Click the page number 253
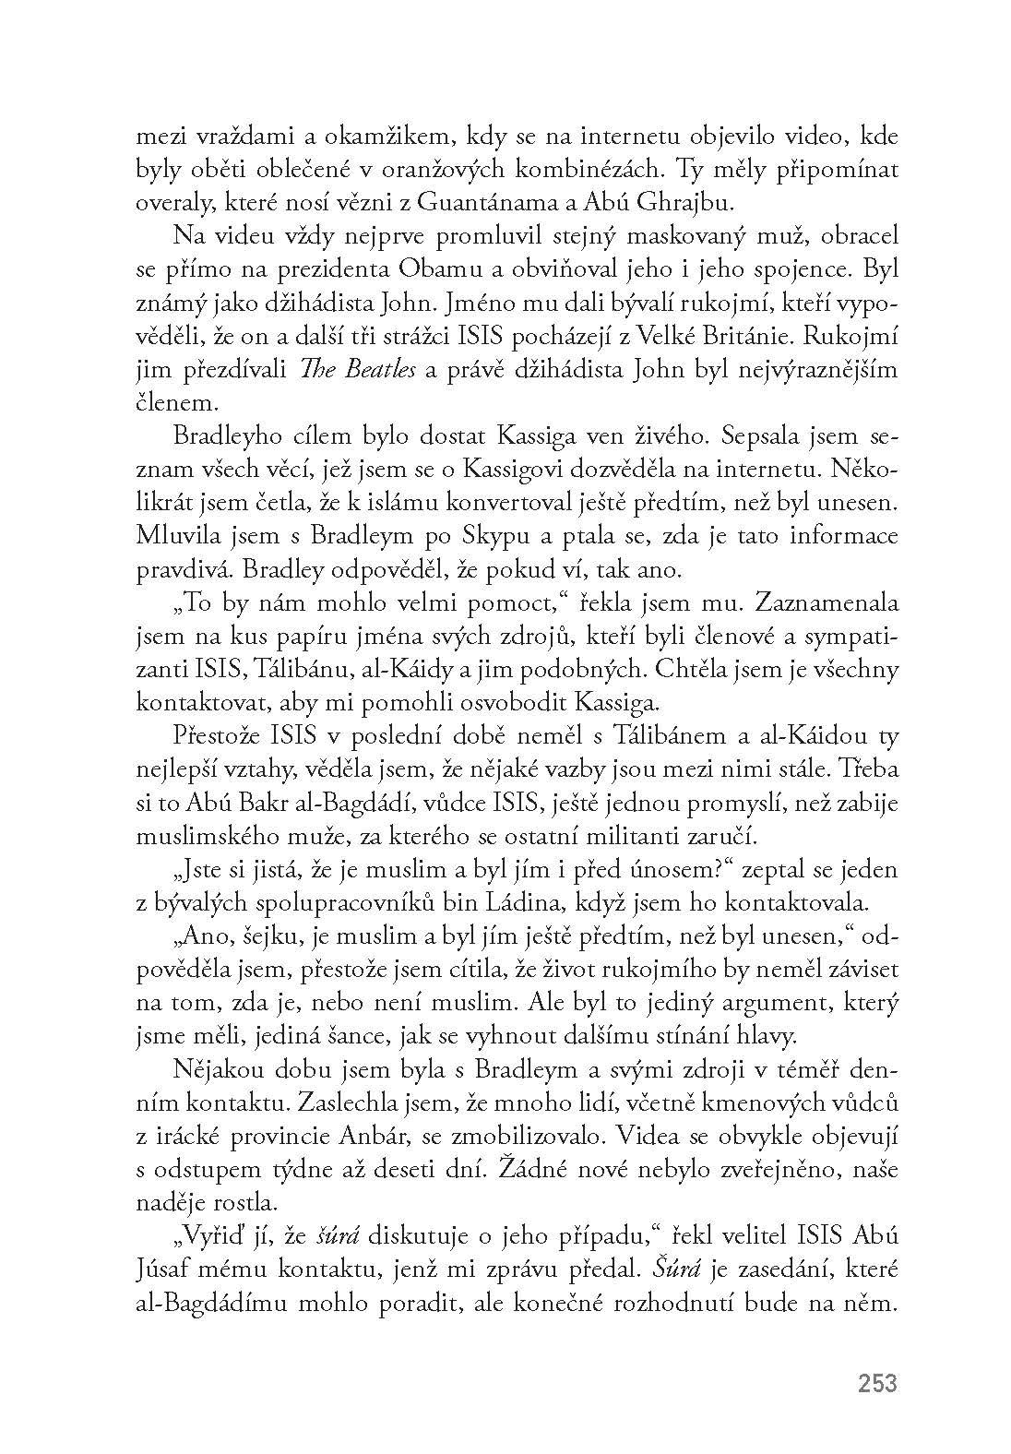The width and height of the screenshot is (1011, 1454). click(876, 1383)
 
